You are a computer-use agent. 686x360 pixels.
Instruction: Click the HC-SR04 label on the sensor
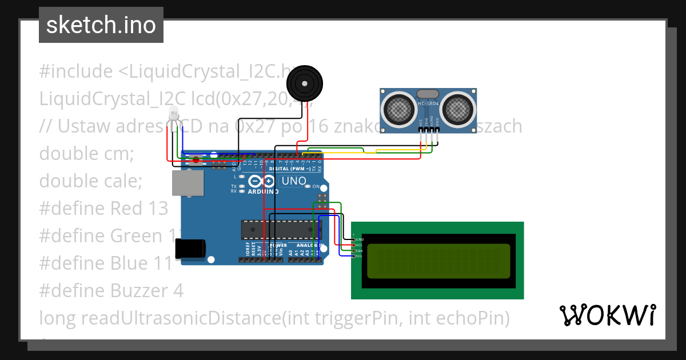pos(428,103)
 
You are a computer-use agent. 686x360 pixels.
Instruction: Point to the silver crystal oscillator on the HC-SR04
pos(428,93)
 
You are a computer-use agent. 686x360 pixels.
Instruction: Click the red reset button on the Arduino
pos(196,161)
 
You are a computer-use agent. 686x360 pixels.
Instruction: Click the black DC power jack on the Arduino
pos(190,248)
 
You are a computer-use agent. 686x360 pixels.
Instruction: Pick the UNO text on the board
pos(294,181)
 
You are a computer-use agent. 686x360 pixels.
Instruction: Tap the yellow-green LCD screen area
pos(438,261)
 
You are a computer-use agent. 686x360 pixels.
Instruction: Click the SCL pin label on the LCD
pos(359,256)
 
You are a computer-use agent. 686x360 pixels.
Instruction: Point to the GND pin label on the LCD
pos(360,239)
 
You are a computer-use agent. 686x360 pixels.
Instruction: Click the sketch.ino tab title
pos(101,25)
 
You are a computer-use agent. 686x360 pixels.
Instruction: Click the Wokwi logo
pos(607,315)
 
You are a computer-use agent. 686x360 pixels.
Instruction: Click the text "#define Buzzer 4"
pos(111,290)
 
